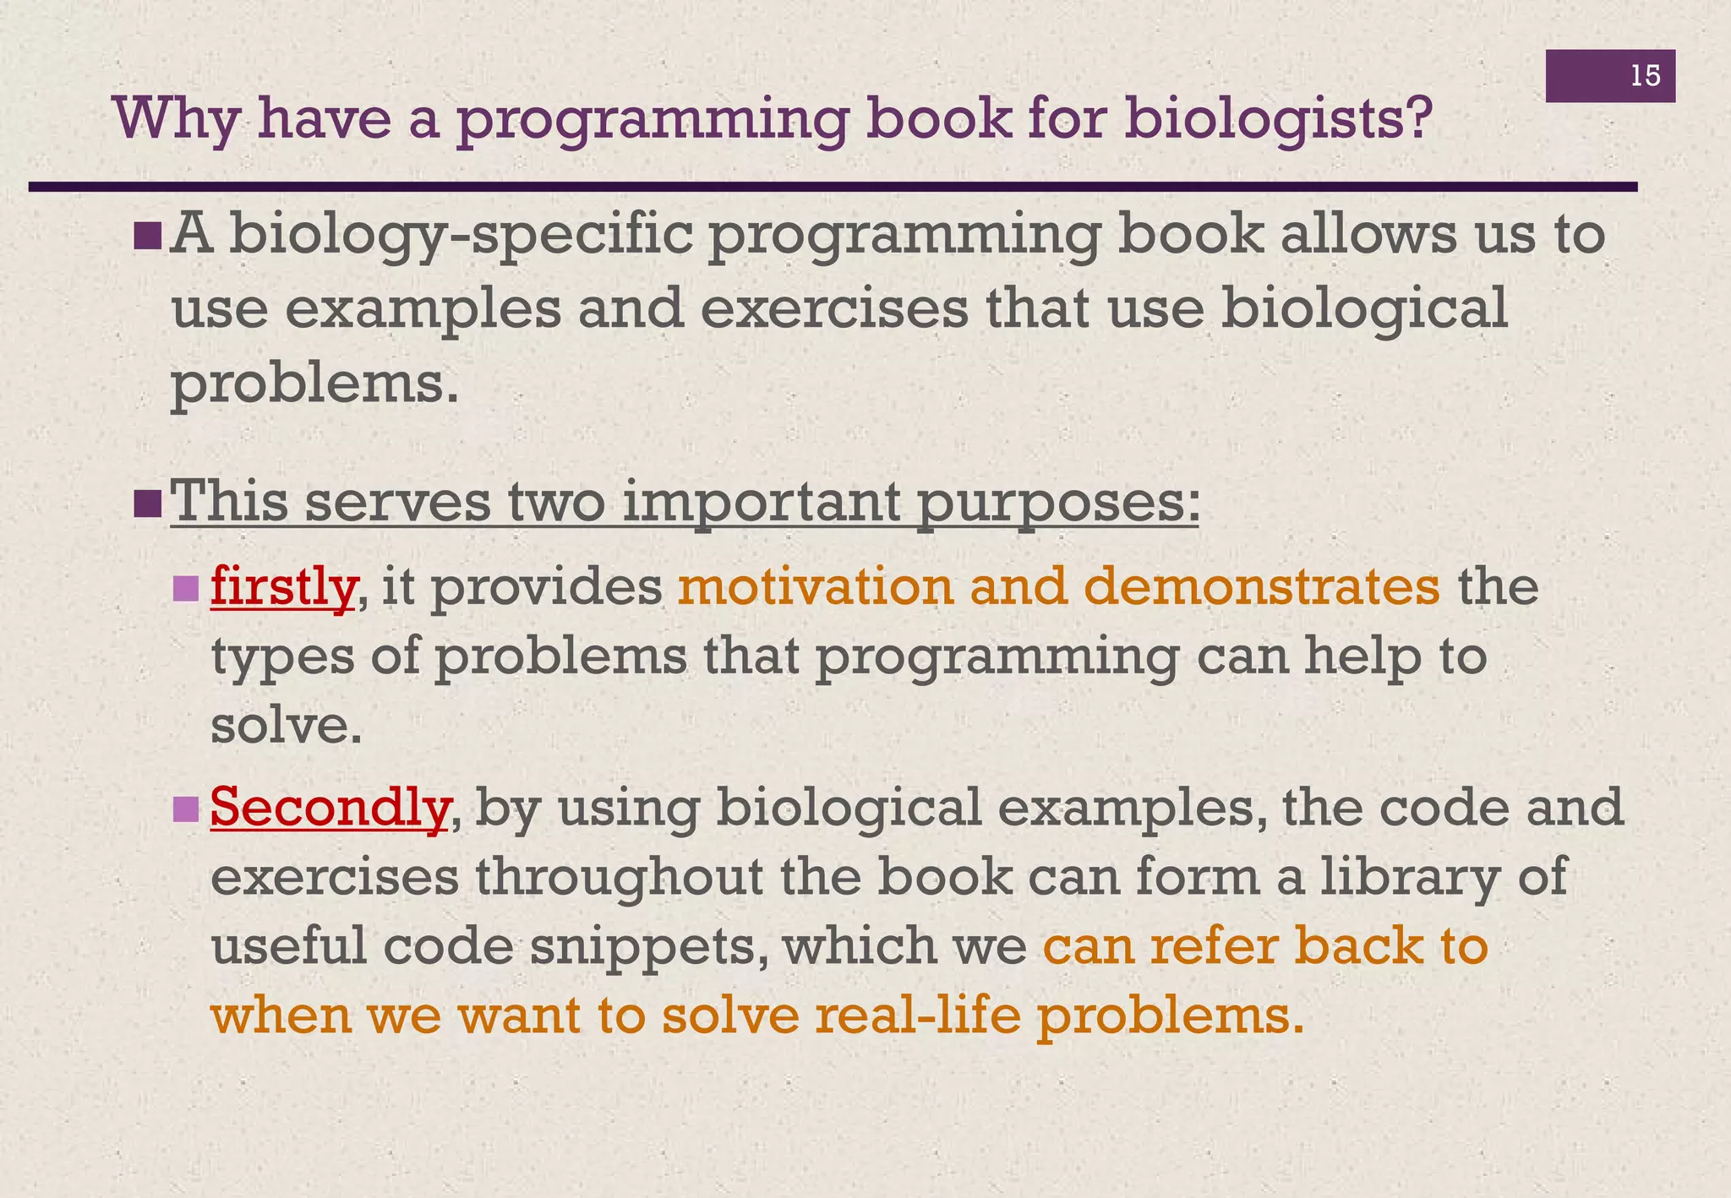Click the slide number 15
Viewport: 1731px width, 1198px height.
tap(1645, 76)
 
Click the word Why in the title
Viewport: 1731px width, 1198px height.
tap(176, 119)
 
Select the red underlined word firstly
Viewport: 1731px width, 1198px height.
tap(282, 585)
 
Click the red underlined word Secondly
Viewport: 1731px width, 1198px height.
tap(330, 807)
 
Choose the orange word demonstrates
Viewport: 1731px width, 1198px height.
tap(1261, 585)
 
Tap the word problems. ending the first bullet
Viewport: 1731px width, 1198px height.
tap(315, 384)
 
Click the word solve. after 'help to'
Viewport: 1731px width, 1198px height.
tap(287, 725)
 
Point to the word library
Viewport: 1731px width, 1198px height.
tap(1430, 876)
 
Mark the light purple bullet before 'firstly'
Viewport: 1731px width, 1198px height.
tap(184, 588)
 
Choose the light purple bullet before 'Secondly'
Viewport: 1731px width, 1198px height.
tap(184, 809)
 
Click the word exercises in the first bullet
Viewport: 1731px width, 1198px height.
tap(834, 308)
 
